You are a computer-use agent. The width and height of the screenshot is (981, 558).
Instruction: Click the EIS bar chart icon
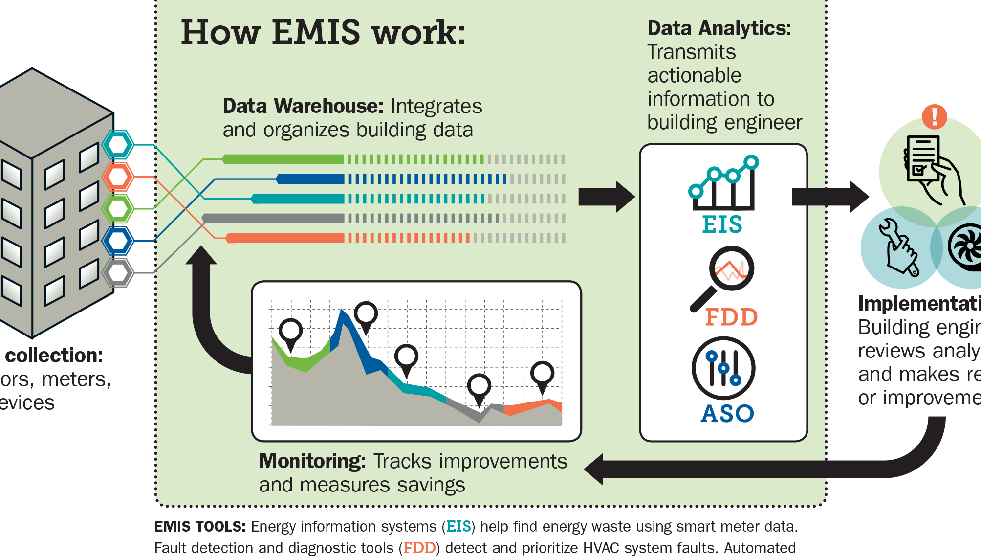[x=723, y=183]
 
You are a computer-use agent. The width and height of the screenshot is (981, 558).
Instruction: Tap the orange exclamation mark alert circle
[x=934, y=116]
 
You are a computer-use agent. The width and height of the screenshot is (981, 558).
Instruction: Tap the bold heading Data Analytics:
[x=719, y=28]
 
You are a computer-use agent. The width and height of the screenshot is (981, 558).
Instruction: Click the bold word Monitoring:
[x=312, y=461]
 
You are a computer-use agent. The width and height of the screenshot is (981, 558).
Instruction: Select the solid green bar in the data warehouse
[x=283, y=159]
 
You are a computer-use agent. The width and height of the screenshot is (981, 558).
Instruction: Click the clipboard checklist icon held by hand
[x=922, y=159]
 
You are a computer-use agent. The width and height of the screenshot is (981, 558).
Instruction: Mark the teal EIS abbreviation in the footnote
[x=458, y=526]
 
